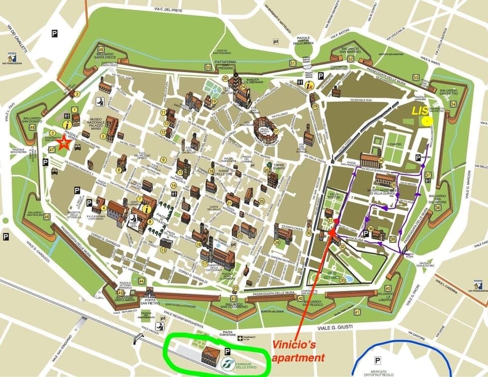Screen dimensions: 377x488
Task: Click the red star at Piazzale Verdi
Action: pos(64,143)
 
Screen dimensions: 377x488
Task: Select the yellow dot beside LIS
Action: pos(428,121)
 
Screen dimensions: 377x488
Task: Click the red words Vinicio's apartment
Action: pos(297,351)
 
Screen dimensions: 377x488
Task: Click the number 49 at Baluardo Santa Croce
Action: pos(101,49)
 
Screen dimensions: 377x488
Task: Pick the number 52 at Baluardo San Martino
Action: pos(351,59)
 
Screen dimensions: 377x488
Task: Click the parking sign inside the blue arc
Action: pos(378,360)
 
